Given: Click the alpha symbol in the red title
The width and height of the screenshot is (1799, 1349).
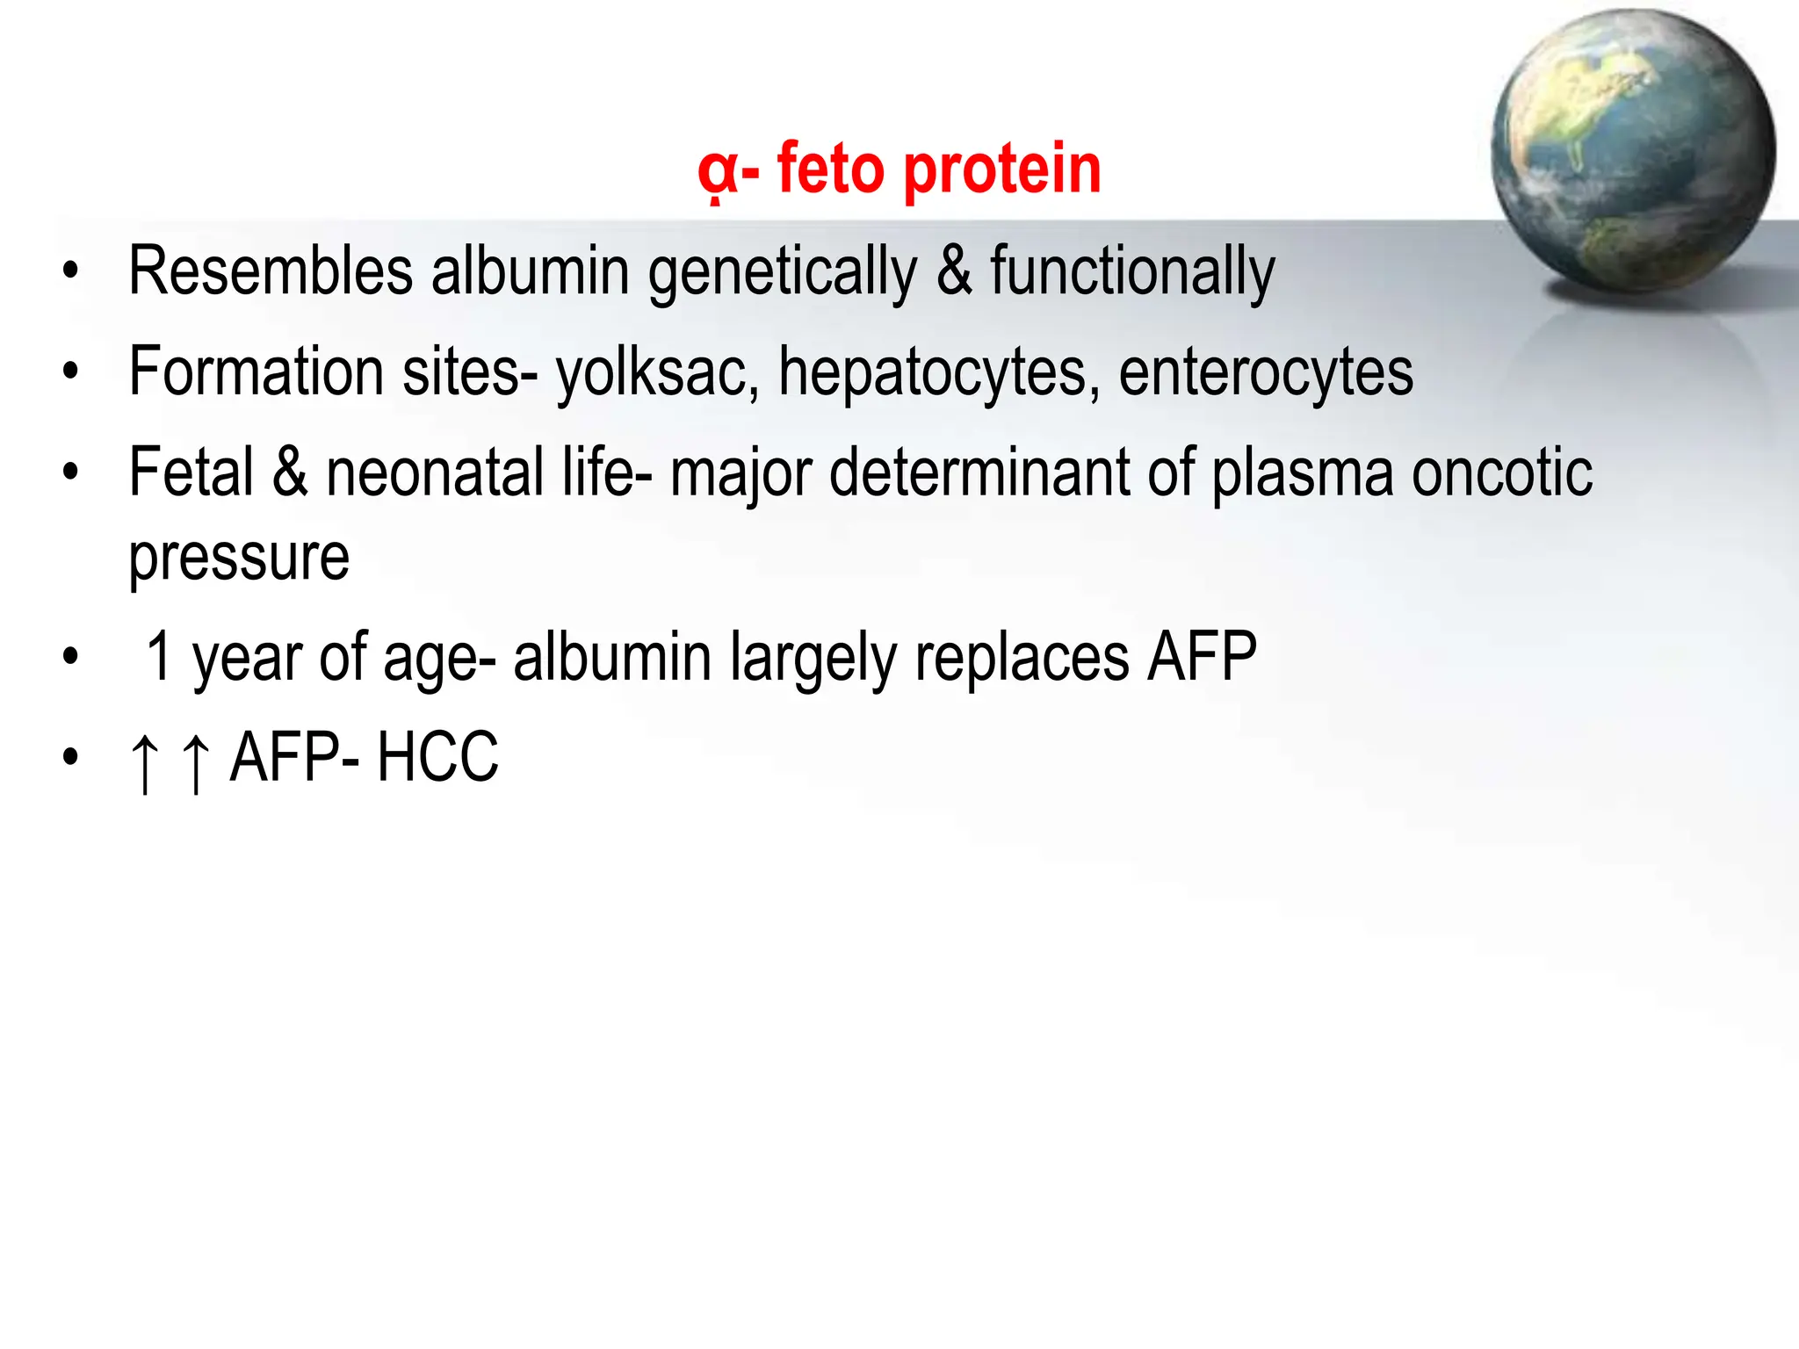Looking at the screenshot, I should tap(717, 171).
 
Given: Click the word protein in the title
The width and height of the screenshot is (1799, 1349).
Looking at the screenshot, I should tap(1001, 170).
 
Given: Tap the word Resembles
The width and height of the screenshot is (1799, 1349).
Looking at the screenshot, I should tap(271, 271).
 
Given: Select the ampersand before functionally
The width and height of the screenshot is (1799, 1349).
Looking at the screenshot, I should tap(954, 271).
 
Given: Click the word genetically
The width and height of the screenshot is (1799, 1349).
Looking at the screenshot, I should tap(782, 273).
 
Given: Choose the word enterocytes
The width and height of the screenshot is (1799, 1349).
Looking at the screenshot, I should tap(1266, 373).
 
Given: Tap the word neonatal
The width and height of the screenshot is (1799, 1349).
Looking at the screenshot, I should tap(435, 473).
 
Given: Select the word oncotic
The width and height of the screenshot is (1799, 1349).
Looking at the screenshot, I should tap(1501, 473).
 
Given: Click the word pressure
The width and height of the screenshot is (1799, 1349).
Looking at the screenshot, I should tap(239, 559).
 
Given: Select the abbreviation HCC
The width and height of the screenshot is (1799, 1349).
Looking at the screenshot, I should tap(437, 757).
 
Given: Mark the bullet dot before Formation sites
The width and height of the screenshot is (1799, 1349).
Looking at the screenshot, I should tap(71, 372).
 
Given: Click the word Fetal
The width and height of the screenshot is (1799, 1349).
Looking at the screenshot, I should tap(191, 473).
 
